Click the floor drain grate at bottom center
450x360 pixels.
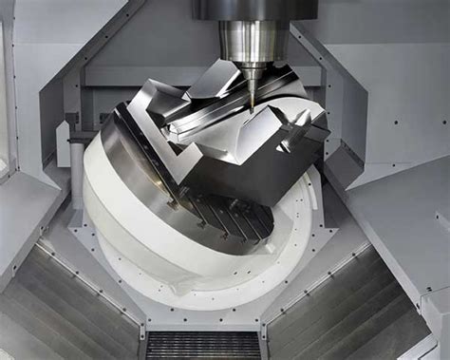(203, 344)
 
